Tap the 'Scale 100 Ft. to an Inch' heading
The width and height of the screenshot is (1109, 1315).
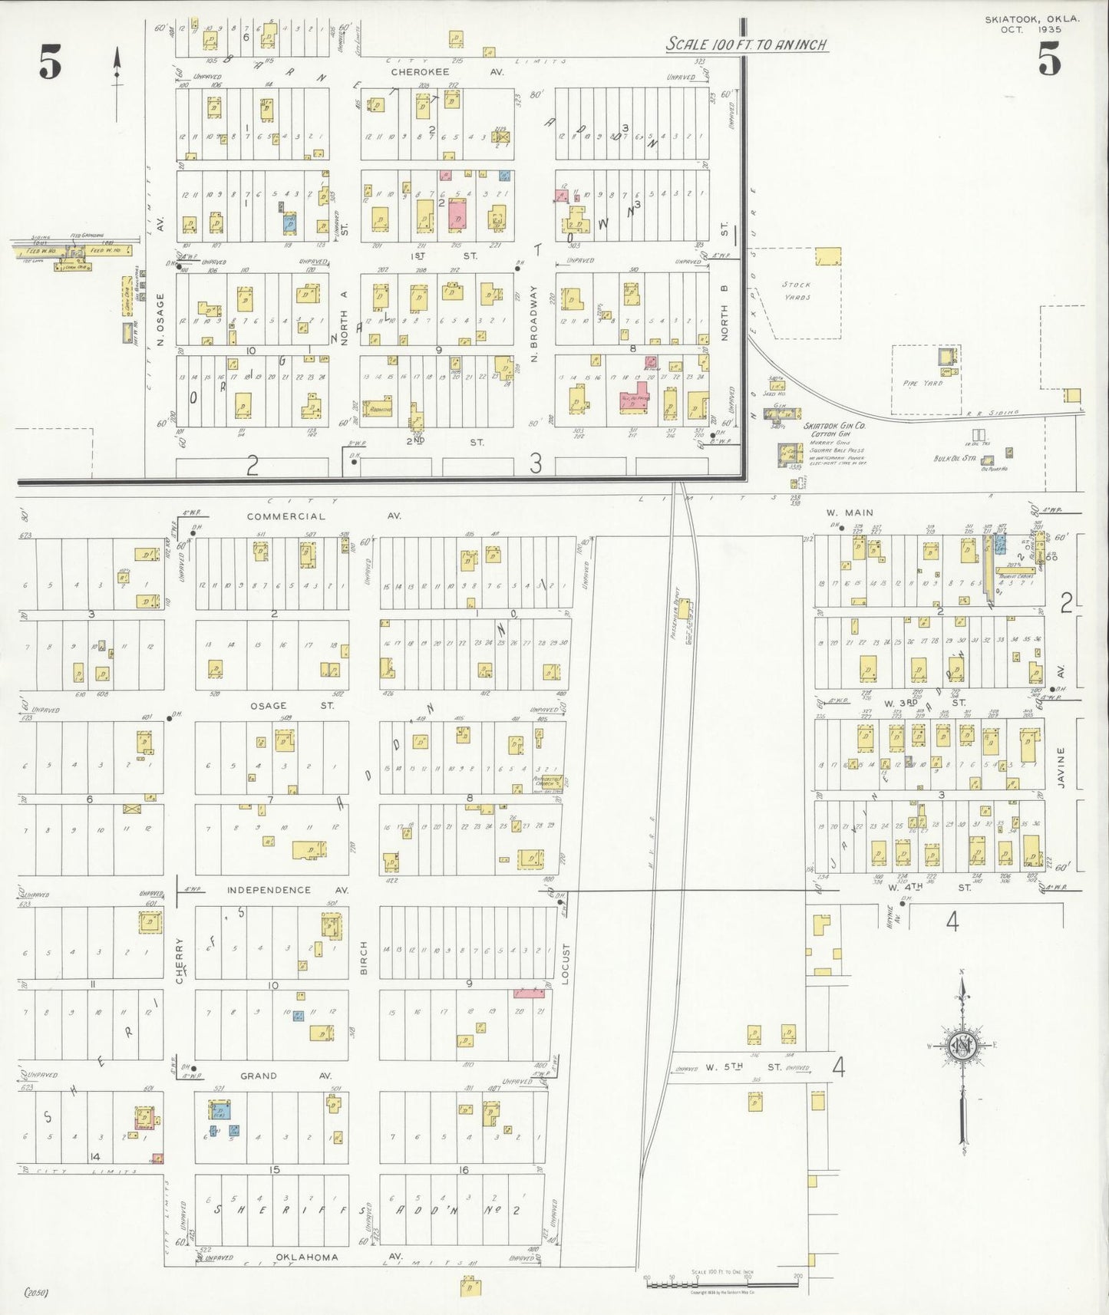point(746,44)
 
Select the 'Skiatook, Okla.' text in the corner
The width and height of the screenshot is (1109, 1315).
point(1031,19)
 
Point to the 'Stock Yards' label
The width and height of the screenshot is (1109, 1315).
point(797,291)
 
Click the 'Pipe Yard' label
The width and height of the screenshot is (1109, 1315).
point(922,383)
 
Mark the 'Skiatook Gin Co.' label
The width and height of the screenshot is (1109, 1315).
point(834,426)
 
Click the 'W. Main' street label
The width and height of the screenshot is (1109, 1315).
point(850,512)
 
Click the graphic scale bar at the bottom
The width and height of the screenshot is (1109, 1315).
point(721,1279)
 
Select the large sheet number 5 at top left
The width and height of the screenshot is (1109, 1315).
point(51,63)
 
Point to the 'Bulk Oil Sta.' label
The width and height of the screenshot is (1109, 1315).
point(954,459)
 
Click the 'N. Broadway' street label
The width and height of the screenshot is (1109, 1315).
point(535,324)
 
